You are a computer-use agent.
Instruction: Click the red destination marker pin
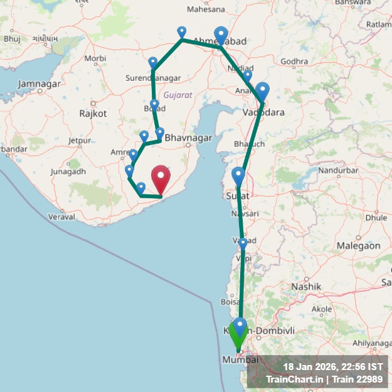[161, 179]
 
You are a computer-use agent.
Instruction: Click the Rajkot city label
[93, 114]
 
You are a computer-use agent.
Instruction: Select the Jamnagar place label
[40, 83]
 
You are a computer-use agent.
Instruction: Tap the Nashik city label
[306, 286]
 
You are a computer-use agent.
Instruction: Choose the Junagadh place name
[68, 171]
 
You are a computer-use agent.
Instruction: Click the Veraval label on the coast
[61, 216]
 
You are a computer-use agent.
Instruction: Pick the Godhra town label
[294, 61]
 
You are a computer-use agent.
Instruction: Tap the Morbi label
[95, 58]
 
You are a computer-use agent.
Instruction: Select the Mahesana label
[206, 9]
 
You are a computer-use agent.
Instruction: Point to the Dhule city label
[376, 218]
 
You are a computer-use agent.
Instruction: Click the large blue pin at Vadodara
[262, 92]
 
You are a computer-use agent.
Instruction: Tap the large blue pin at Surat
[238, 176]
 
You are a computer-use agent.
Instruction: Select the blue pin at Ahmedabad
[221, 35]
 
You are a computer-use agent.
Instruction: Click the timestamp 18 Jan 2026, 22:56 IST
[333, 367]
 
